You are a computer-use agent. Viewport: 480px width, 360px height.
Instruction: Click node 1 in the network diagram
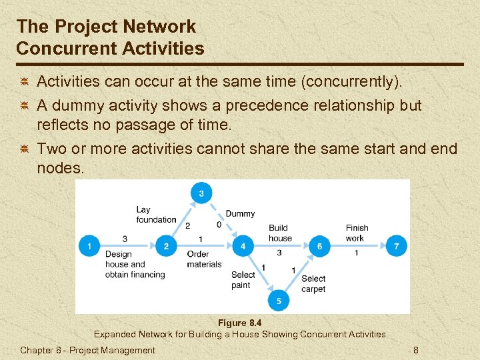(89, 246)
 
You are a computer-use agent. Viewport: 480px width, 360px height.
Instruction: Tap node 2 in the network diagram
(166, 246)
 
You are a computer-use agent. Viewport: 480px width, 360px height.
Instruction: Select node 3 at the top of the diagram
(201, 194)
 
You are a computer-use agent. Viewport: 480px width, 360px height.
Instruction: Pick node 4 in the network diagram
(243, 246)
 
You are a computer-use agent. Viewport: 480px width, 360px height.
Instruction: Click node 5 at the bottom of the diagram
(279, 301)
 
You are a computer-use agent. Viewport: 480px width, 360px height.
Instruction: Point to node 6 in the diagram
(319, 246)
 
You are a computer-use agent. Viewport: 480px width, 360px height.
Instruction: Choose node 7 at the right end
(397, 246)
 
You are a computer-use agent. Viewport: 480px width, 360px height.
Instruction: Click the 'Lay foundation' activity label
(156, 215)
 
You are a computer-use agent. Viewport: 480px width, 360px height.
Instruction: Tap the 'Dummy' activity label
(240, 214)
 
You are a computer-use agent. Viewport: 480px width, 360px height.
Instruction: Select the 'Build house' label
(280, 233)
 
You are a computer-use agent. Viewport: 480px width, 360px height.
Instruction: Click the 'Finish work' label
(357, 233)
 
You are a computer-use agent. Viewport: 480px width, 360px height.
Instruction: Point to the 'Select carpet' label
(313, 284)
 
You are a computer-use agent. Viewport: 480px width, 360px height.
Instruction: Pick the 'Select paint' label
(243, 280)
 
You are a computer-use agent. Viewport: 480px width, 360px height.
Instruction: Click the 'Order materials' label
(204, 259)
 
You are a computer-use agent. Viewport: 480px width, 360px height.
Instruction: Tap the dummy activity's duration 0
(219, 225)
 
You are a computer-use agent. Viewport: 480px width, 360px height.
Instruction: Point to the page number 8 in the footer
(416, 350)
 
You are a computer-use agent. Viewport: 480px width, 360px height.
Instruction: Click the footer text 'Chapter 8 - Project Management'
(87, 350)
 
